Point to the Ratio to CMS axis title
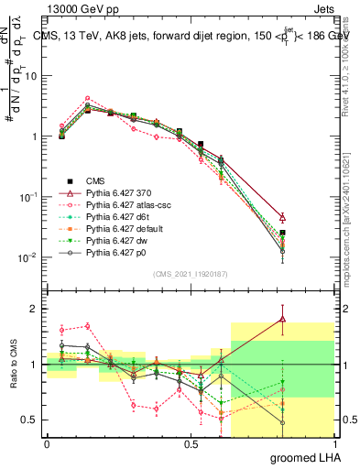pyautogui.click(x=14, y=365)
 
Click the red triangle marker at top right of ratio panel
pyautogui.click(x=283, y=320)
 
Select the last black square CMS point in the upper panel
pyautogui.click(x=283, y=233)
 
